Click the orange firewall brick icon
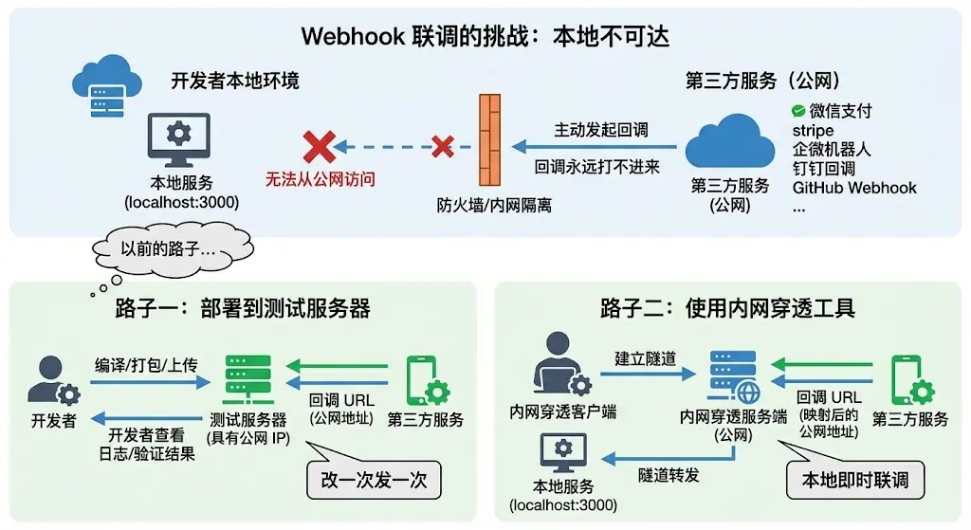tap(490, 140)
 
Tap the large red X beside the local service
tap(320, 147)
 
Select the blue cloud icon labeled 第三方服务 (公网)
tap(730, 142)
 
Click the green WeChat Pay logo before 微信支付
tap(798, 111)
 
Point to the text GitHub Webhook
tap(854, 188)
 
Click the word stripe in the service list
tap(813, 131)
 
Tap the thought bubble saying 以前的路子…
tap(173, 249)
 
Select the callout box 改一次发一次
tap(374, 480)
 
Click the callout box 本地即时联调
tap(855, 480)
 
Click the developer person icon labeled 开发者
tap(53, 381)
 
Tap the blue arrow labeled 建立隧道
tap(648, 374)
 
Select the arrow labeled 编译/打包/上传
tap(150, 382)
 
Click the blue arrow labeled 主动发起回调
tap(595, 147)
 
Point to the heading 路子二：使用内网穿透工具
tap(727, 308)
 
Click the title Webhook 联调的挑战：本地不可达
tap(485, 37)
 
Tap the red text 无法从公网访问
tap(321, 179)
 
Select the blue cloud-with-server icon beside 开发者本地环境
tap(107, 85)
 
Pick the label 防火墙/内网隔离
tap(494, 205)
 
